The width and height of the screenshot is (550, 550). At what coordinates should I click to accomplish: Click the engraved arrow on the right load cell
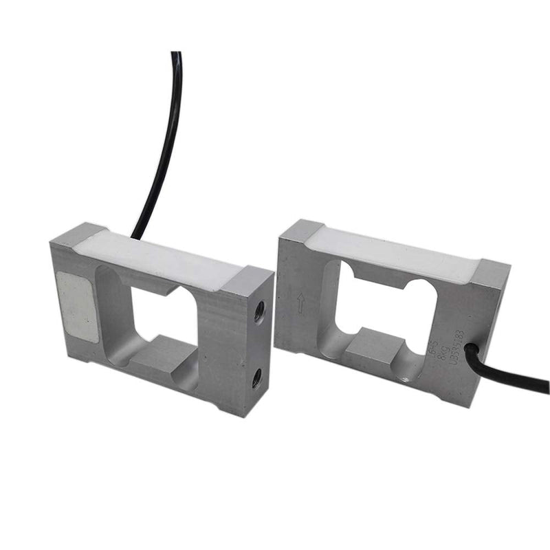[300, 302]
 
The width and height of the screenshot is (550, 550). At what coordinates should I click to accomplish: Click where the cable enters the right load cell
[470, 351]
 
